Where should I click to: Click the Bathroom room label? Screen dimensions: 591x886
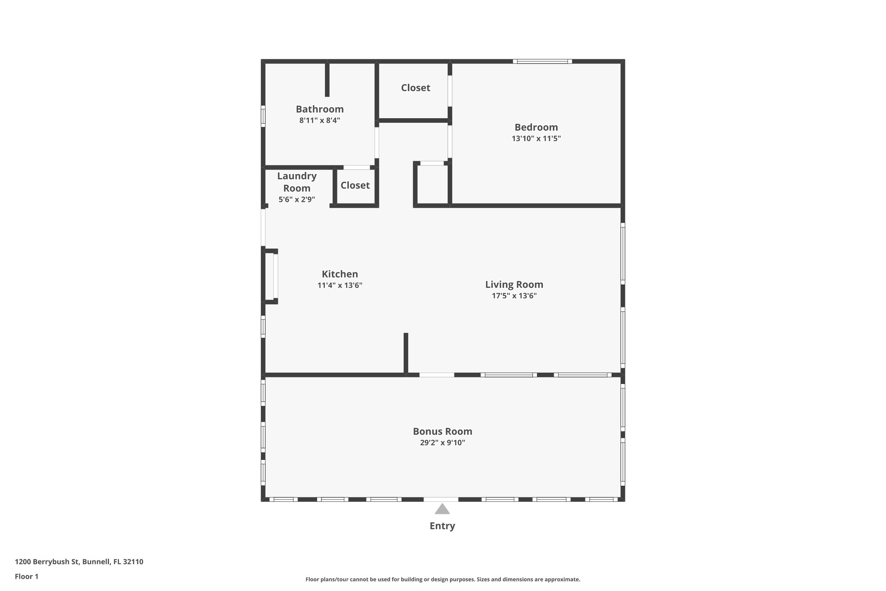[x=320, y=109]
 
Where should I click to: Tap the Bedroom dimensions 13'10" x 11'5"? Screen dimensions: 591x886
[x=536, y=139]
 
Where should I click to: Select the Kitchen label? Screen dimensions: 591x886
[x=340, y=274]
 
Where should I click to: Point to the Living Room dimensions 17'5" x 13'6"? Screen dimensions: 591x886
[x=514, y=296]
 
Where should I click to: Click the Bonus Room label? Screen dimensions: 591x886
[x=442, y=431]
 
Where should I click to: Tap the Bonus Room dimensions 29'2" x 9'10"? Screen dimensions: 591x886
[x=442, y=442]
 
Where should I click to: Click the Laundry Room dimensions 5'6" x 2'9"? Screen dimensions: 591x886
[x=297, y=200]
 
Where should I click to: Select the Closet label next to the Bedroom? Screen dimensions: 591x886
[x=415, y=88]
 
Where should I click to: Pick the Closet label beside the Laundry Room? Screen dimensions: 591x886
[x=355, y=185]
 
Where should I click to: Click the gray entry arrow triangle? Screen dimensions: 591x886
[x=442, y=509]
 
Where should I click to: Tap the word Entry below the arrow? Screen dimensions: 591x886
[x=442, y=526]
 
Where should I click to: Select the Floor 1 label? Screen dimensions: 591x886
[x=26, y=577]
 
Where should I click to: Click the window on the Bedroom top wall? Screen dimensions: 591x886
[x=542, y=61]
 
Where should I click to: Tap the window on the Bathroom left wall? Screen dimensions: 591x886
[x=263, y=116]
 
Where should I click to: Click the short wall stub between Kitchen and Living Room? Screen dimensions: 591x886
[x=406, y=353]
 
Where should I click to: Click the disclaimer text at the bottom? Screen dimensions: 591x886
[x=443, y=579]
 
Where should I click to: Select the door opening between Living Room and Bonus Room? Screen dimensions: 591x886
[x=437, y=375]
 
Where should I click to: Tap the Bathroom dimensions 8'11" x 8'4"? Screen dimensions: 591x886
[x=320, y=120]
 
